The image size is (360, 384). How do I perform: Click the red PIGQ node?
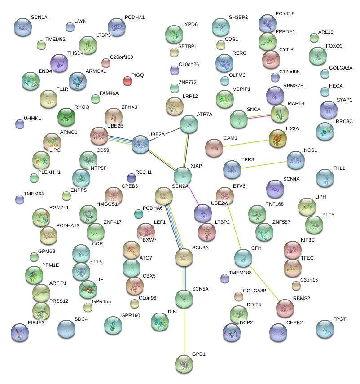pos(127,81)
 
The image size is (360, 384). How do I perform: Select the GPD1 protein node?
pos(184,363)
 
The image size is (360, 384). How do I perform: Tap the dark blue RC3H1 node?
pos(131,177)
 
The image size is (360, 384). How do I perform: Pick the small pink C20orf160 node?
pos(106,62)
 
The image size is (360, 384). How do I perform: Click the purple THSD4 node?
pos(59,62)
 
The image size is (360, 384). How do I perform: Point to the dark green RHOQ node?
pos(67,117)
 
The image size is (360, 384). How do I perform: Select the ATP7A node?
pos(189,124)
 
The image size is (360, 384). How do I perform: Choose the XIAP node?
pos(183,175)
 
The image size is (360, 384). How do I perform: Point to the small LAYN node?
pos(70,27)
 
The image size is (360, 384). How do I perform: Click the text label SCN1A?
pos(39,17)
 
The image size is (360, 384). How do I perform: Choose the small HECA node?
pos(325,92)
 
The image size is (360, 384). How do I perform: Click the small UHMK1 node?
pos(19,124)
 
